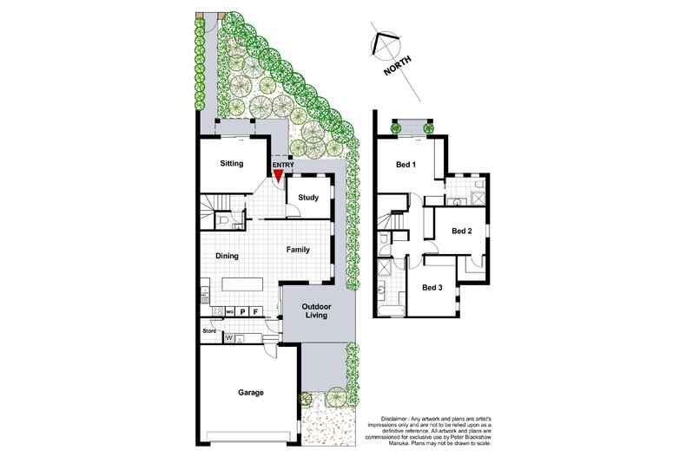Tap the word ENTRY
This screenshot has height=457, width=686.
(x=283, y=165)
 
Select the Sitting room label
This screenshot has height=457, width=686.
(x=231, y=163)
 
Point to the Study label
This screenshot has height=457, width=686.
(x=308, y=198)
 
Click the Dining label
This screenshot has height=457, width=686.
(x=228, y=256)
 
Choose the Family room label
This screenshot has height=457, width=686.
(x=299, y=250)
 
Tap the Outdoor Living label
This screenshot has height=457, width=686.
(x=318, y=313)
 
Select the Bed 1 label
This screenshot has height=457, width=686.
(x=406, y=164)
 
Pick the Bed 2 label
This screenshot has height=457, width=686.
(x=462, y=231)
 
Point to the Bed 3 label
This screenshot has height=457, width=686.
(x=432, y=287)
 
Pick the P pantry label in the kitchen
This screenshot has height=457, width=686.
(x=243, y=310)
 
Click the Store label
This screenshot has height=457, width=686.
(x=209, y=330)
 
